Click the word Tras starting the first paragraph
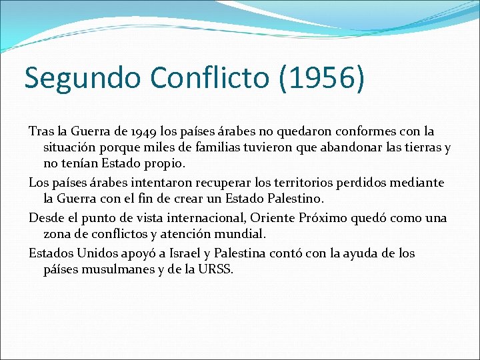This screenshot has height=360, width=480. point(40,132)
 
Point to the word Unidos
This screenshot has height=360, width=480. point(97,253)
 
